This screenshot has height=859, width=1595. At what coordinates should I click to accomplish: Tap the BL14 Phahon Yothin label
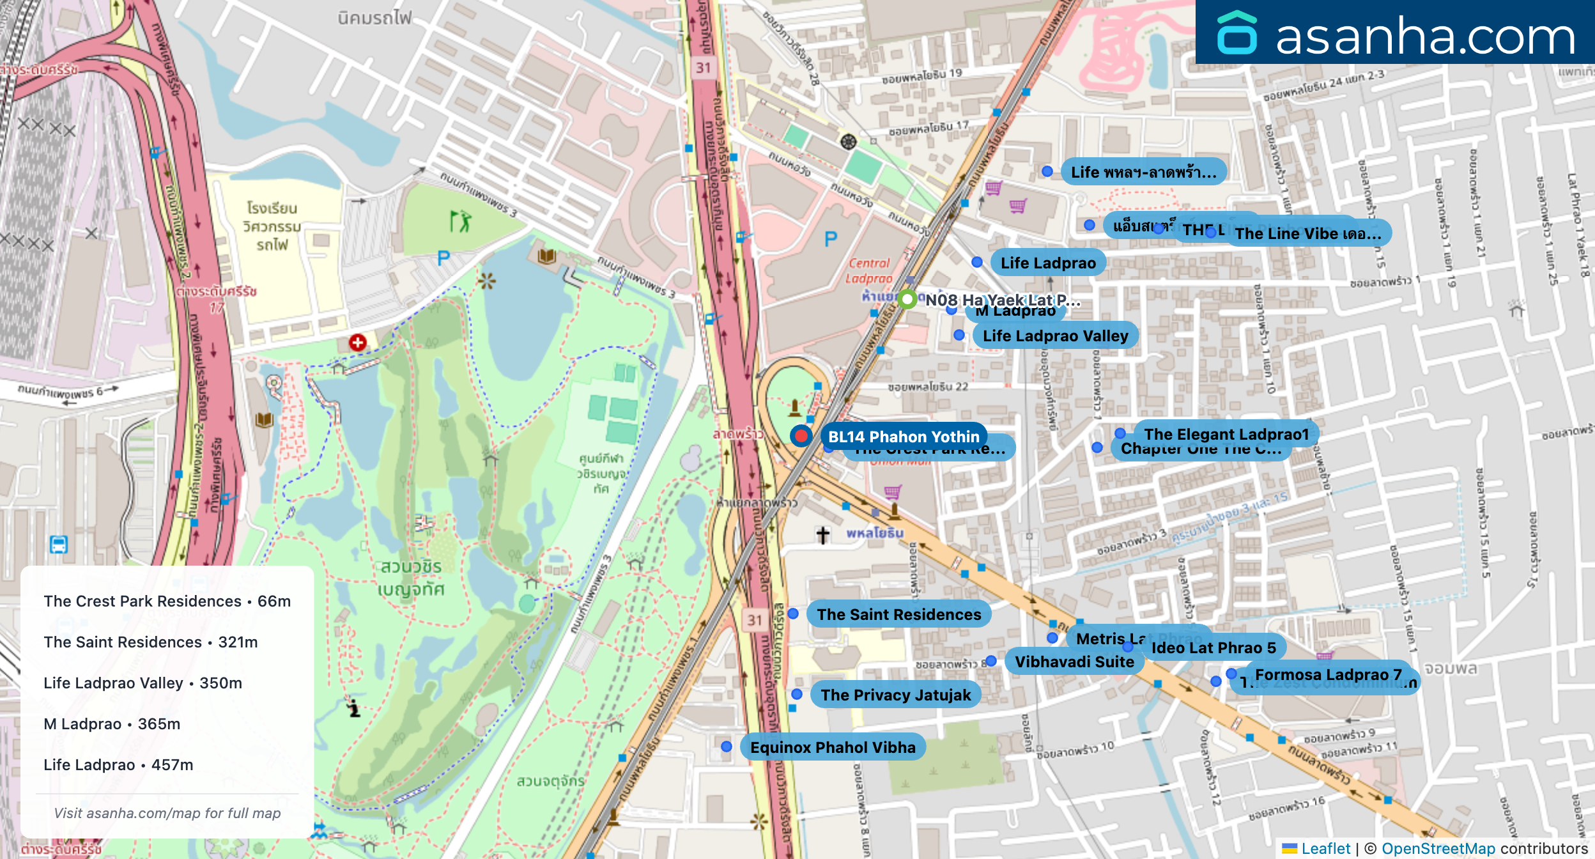(x=904, y=437)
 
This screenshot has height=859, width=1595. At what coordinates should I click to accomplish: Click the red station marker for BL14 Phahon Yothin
(x=801, y=436)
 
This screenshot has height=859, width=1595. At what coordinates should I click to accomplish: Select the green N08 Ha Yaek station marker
(x=907, y=298)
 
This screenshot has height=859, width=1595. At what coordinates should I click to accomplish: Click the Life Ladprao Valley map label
(x=1055, y=336)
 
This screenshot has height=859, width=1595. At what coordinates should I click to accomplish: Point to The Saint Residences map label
(x=898, y=614)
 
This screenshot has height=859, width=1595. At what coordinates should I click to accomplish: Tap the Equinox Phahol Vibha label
(x=833, y=747)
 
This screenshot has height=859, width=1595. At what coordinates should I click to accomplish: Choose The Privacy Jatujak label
(x=895, y=695)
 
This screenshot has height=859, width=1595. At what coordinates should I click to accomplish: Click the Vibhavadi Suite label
(x=1074, y=662)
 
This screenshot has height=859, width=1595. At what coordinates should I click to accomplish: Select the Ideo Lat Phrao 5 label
(x=1213, y=647)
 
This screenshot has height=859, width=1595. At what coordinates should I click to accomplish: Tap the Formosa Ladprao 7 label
(x=1328, y=674)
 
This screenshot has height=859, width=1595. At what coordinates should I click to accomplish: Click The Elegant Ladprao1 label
(x=1226, y=434)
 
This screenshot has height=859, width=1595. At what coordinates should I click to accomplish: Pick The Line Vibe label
(x=1307, y=233)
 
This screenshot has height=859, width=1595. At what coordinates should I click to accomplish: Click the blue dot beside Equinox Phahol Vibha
(x=727, y=747)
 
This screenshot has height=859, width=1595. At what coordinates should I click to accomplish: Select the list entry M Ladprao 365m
(x=112, y=724)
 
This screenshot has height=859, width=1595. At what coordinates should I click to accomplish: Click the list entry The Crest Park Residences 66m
(x=167, y=601)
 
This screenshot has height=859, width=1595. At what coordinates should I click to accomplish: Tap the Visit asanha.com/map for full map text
(x=167, y=813)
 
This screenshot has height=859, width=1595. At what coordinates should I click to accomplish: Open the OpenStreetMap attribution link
(x=1438, y=848)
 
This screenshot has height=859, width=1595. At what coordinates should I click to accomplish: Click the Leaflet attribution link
(x=1325, y=848)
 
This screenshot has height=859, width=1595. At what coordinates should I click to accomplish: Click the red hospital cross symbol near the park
(x=357, y=343)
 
